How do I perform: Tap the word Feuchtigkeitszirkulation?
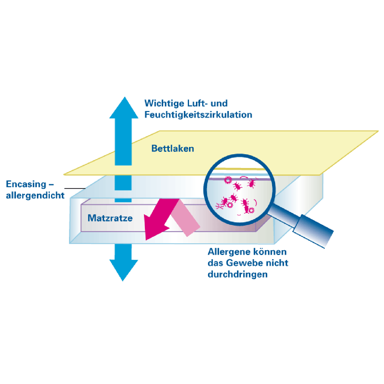[x=198, y=115]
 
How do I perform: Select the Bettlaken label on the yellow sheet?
[x=172, y=148]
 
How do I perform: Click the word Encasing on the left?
[x=26, y=184]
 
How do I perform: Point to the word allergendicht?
[x=35, y=196]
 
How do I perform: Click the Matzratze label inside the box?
[x=110, y=218]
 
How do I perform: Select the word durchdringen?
[x=237, y=274]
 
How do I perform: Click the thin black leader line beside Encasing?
[x=75, y=188]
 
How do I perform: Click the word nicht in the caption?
[x=278, y=263]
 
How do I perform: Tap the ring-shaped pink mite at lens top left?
[x=228, y=180]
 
